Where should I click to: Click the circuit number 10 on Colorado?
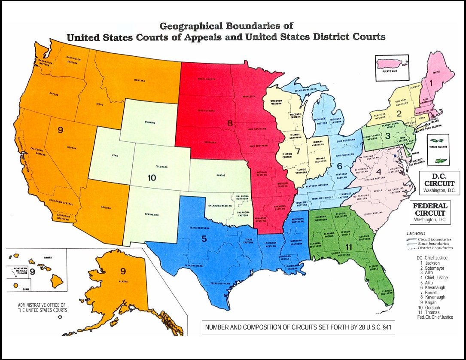point(151,177)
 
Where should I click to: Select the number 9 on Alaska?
point(123,271)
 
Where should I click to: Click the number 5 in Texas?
point(204,240)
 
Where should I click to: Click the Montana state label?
point(139,80)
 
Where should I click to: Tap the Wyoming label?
point(147,122)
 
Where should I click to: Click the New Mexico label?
point(152,215)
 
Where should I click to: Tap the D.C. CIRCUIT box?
point(439,183)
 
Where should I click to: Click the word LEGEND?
point(415,234)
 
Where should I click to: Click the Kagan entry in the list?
point(430,302)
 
